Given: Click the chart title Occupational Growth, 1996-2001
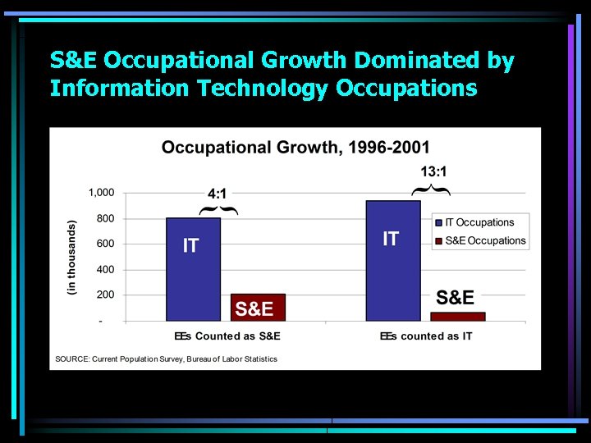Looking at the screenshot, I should tap(295, 148).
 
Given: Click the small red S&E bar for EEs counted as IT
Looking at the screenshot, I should tap(458, 316).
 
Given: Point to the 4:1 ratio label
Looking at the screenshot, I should tap(218, 194).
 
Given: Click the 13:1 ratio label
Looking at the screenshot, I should tap(433, 171).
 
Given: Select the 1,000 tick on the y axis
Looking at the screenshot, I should tap(102, 193).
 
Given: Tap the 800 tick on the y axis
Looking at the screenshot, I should tap(106, 218).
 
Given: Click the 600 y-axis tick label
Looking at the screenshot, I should tap(106, 244).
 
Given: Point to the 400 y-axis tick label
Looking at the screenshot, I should tap(106, 269).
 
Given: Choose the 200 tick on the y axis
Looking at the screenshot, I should tap(106, 295).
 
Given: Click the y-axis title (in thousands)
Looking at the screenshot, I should tap(71, 257).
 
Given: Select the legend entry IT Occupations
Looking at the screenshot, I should tap(479, 222).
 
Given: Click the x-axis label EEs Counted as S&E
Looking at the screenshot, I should tap(227, 336).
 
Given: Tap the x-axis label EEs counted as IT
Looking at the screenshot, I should tap(426, 336).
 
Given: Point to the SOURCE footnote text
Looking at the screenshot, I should tap(166, 359).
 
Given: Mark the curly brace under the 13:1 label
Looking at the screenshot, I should tap(431, 190).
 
